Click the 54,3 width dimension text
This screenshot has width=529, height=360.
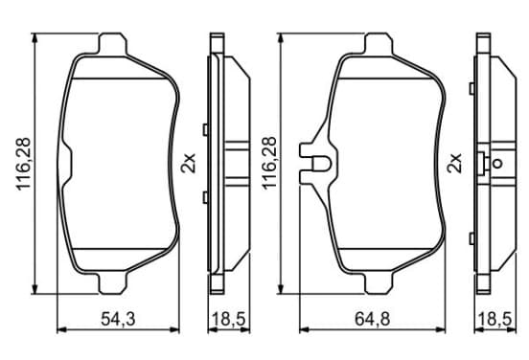tap(118, 319)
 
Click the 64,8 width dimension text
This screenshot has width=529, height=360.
tap(372, 319)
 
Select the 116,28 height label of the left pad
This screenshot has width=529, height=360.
tap(24, 164)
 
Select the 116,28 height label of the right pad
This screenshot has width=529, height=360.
tap(269, 163)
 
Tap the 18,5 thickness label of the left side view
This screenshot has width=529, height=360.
tap(228, 319)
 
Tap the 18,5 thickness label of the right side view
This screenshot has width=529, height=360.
tap(494, 319)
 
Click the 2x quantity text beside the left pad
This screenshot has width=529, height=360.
tap(188, 163)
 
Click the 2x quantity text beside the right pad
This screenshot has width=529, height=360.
tap(453, 163)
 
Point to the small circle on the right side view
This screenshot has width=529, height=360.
tap(497, 164)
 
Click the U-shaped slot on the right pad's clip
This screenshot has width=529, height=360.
tap(321, 164)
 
